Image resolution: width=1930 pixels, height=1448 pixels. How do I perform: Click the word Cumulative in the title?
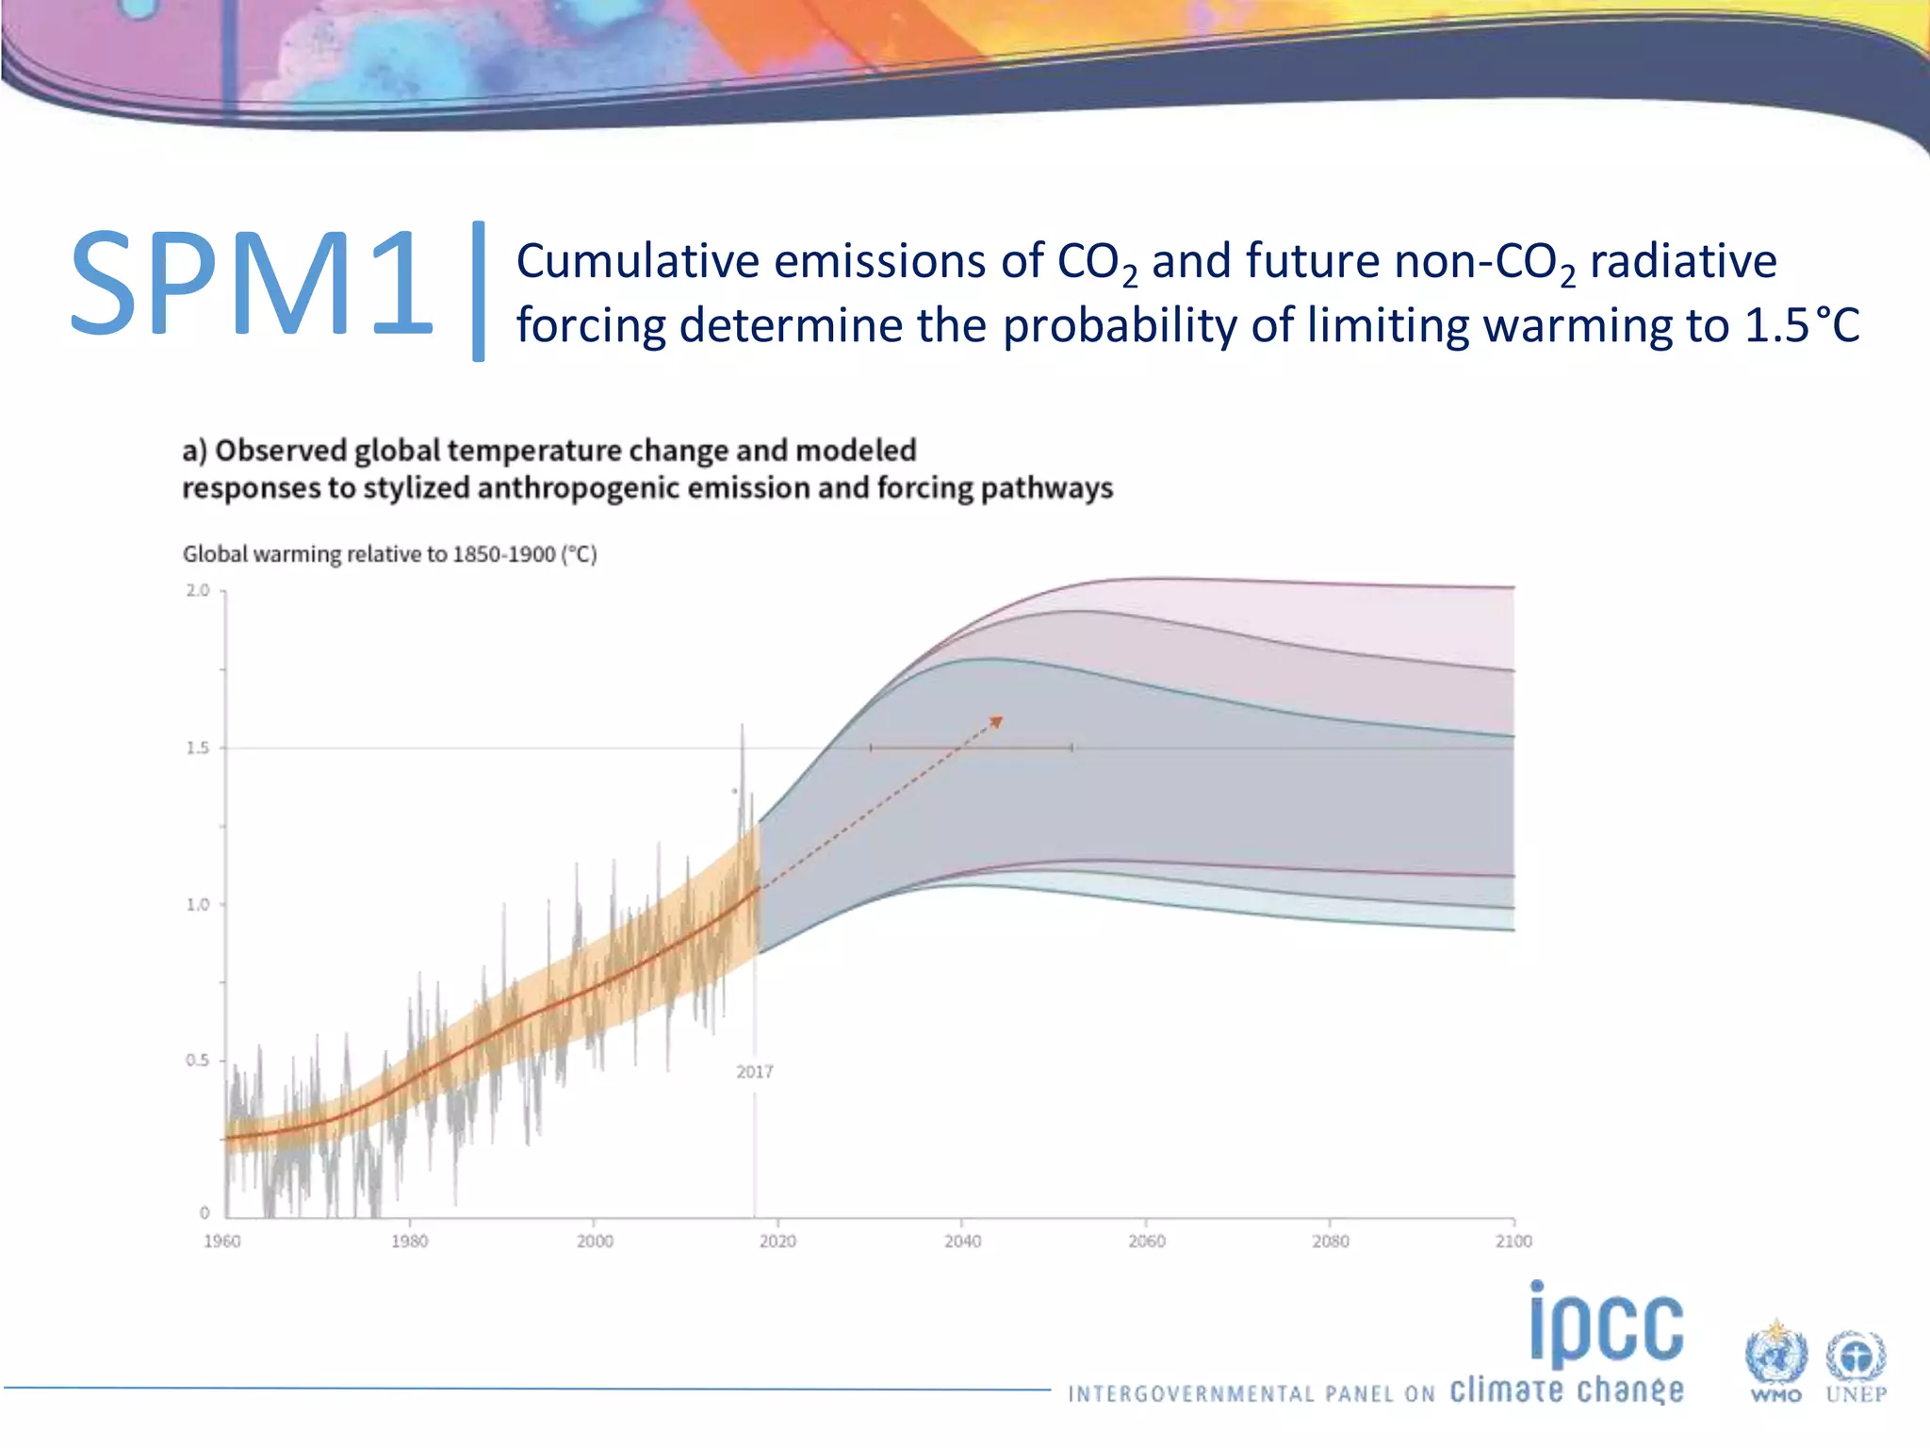coord(637,261)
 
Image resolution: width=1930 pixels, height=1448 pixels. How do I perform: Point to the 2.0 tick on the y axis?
coord(198,591)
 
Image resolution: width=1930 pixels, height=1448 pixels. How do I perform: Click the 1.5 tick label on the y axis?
coord(198,748)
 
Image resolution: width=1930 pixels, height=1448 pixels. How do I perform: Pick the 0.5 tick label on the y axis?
coord(198,1061)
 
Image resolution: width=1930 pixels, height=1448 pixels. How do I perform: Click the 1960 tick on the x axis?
coord(222,1242)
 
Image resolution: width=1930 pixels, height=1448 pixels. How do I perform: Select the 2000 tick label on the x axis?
coord(595,1242)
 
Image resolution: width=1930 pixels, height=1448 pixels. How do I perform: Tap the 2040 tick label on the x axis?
coord(962,1242)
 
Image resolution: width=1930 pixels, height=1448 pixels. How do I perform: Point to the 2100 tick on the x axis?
coord(1513,1242)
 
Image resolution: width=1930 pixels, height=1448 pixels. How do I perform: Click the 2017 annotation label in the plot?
coord(754,1072)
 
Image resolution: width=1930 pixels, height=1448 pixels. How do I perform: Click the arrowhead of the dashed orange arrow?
coord(997,722)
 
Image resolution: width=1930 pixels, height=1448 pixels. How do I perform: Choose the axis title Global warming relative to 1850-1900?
coord(389,554)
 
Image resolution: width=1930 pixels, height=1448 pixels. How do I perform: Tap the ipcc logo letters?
coord(1606,1325)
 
